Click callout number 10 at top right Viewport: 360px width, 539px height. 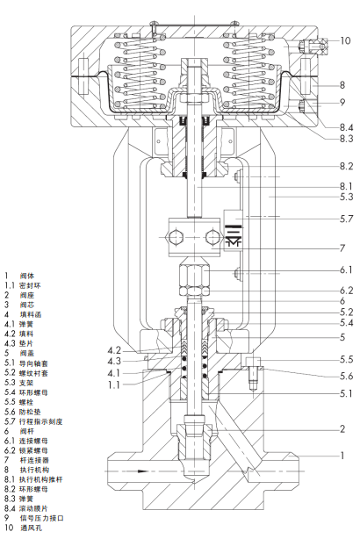[345, 40]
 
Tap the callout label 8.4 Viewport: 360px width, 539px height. [346, 127]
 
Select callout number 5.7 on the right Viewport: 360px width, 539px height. [346, 219]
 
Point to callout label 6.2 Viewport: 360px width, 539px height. [346, 291]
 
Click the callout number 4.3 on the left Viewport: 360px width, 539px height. [114, 362]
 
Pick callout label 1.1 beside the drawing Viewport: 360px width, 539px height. [114, 384]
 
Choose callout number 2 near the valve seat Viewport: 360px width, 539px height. [342, 428]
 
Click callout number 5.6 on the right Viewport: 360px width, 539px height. [346, 376]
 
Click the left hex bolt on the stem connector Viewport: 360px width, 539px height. [175, 237]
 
